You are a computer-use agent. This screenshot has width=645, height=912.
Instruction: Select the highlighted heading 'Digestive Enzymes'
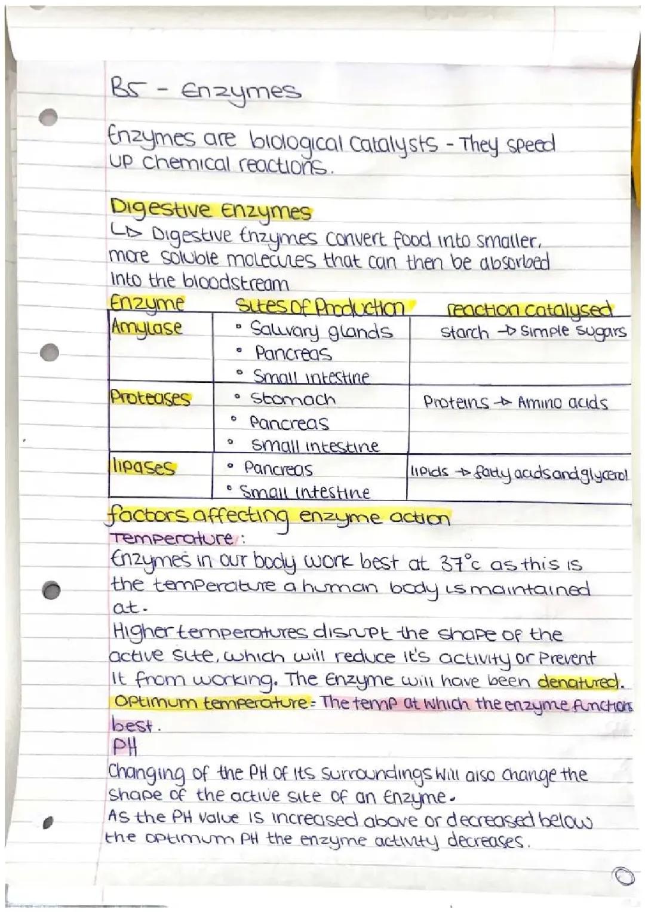[211, 211]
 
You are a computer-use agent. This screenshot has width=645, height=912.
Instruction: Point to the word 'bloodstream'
[235, 282]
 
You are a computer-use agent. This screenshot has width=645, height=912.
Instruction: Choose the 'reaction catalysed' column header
[530, 310]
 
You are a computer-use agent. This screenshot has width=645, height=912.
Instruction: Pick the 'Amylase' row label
[146, 328]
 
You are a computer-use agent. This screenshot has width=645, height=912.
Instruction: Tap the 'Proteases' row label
[150, 398]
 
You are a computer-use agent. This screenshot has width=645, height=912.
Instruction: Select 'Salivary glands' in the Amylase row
[321, 330]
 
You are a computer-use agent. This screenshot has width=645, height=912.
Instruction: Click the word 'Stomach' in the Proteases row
[293, 399]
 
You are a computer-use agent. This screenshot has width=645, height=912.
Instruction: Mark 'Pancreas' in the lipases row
[278, 469]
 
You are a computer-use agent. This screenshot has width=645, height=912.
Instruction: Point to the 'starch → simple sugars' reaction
[533, 332]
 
